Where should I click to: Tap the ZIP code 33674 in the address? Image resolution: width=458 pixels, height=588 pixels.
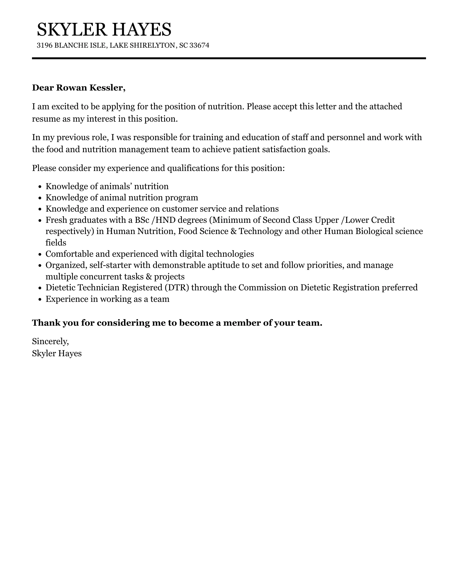199,45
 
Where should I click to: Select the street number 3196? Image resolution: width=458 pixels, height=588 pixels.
44,45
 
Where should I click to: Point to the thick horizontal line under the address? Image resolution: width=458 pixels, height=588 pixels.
229,58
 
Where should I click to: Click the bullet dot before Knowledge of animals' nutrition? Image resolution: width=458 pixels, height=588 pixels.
40,187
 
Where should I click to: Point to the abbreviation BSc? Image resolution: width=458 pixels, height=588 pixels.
142,220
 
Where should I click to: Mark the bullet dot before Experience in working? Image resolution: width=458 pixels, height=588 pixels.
40,299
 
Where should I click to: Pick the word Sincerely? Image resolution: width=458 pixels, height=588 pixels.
50,341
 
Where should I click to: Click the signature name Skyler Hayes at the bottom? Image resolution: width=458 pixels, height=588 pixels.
57,353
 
